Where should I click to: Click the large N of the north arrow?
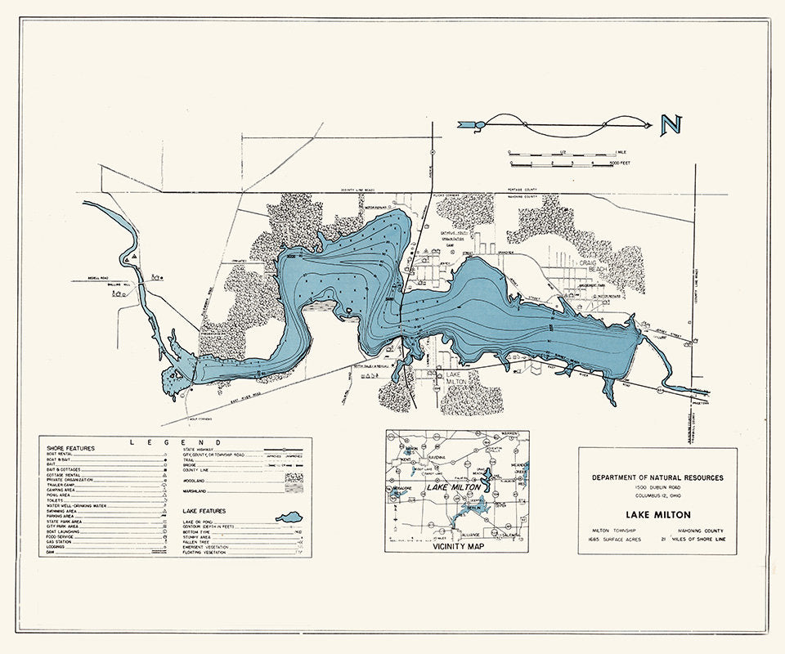click(671, 124)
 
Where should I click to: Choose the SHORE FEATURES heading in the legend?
click(70, 449)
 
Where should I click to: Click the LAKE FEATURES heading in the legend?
click(205, 510)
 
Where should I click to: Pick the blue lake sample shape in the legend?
click(289, 517)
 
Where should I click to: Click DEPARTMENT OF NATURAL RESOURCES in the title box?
click(657, 477)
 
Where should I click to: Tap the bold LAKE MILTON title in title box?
click(657, 515)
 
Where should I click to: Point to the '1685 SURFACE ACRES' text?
click(617, 540)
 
